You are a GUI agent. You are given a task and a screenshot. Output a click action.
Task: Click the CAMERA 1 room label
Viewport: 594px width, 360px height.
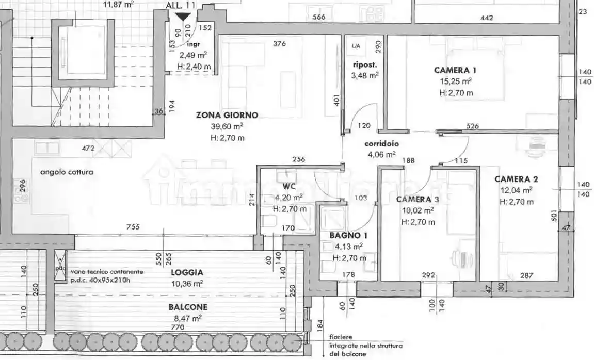pos(455,70)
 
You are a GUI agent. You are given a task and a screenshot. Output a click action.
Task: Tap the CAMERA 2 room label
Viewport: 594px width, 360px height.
pos(516,179)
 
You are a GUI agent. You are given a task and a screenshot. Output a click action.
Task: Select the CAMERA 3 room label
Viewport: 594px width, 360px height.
pos(418,200)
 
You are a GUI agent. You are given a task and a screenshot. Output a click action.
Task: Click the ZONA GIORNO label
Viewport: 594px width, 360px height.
pos(227,115)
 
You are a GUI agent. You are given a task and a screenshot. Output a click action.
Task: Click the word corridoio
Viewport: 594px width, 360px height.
pos(382,144)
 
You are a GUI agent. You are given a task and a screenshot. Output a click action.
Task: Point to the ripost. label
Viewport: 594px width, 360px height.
pos(365,65)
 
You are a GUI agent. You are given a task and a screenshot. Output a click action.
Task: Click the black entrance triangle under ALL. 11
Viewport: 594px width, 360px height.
pos(182,17)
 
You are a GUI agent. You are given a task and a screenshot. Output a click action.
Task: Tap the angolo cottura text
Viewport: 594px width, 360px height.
pos(67,172)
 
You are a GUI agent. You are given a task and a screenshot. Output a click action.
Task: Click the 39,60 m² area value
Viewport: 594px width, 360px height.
pos(228,126)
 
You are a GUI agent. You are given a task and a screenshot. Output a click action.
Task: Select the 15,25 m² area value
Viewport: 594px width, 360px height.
pos(456,81)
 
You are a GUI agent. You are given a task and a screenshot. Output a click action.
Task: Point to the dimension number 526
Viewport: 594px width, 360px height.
pos(472,126)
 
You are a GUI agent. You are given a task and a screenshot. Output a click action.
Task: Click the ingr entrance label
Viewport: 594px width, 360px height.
pos(193,44)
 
